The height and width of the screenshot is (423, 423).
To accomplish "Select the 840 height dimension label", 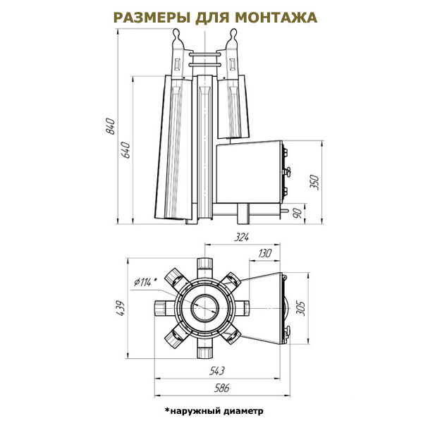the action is point(111,126).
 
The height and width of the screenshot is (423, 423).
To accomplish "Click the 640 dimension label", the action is point(125,150).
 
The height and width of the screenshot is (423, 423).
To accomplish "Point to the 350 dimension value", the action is point(314,183).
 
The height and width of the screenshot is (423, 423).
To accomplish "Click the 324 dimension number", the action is point(241,237).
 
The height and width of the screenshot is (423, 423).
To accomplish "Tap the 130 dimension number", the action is point(264,254).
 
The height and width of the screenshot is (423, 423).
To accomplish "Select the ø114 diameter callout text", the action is point(146,281).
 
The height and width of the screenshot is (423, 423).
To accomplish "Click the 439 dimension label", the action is point(120,308).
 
